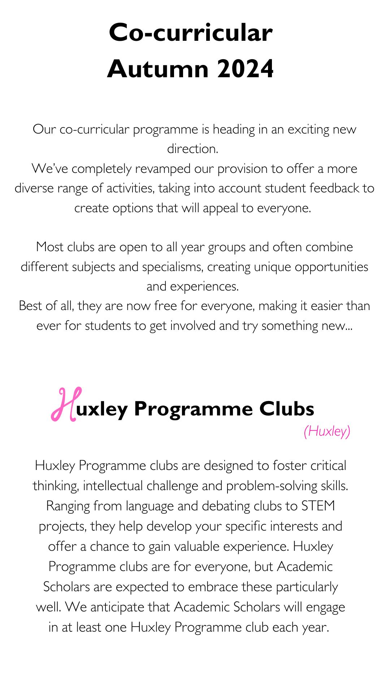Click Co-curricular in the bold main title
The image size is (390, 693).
point(191,32)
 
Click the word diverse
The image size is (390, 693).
point(34,188)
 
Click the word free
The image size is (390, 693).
point(165,306)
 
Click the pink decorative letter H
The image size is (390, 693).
point(66,404)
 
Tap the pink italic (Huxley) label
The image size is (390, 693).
point(327,431)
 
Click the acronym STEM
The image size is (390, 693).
point(318,506)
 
